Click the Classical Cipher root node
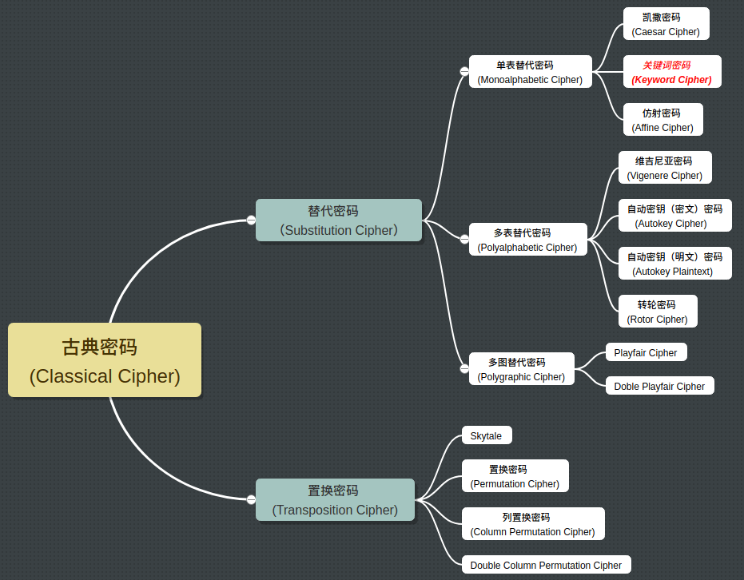(105, 360)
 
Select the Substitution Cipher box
(338, 220)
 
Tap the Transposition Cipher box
(335, 500)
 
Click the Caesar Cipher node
(666, 24)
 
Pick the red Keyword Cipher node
(671, 72)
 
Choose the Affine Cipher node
(662, 120)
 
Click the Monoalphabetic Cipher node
(530, 72)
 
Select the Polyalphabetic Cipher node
(527, 240)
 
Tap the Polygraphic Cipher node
(521, 369)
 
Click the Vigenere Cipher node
(664, 168)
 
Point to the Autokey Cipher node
(674, 216)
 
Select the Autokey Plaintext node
(674, 264)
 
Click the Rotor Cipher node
(657, 312)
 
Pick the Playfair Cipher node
(646, 352)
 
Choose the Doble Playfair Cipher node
(659, 386)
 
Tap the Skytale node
(486, 435)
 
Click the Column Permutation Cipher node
(532, 524)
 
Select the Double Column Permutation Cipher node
(546, 565)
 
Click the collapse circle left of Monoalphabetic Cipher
(464, 72)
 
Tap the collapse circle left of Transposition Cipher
(251, 500)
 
